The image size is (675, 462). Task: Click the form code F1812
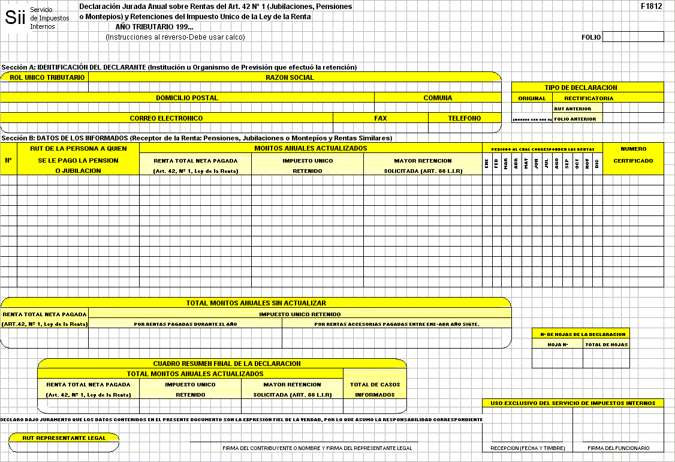coord(651,7)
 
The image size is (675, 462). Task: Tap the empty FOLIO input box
coord(633,37)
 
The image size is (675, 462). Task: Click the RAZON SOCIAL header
coord(290,77)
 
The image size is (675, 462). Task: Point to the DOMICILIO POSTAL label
coord(187,98)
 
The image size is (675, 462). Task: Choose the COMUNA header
coord(438,98)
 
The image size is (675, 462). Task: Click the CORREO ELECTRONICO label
coord(166,118)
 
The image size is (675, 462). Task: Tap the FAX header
coord(381,118)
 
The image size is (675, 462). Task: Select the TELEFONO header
coord(465,118)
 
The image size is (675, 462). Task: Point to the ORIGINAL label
coord(532,98)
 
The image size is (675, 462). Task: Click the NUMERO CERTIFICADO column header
coord(633,155)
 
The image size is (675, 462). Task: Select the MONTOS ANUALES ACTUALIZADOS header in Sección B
coord(311,148)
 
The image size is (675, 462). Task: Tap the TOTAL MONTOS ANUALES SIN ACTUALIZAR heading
coord(256,303)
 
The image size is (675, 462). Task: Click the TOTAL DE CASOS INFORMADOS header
coord(375,389)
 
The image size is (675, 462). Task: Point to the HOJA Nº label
coord(557,344)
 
